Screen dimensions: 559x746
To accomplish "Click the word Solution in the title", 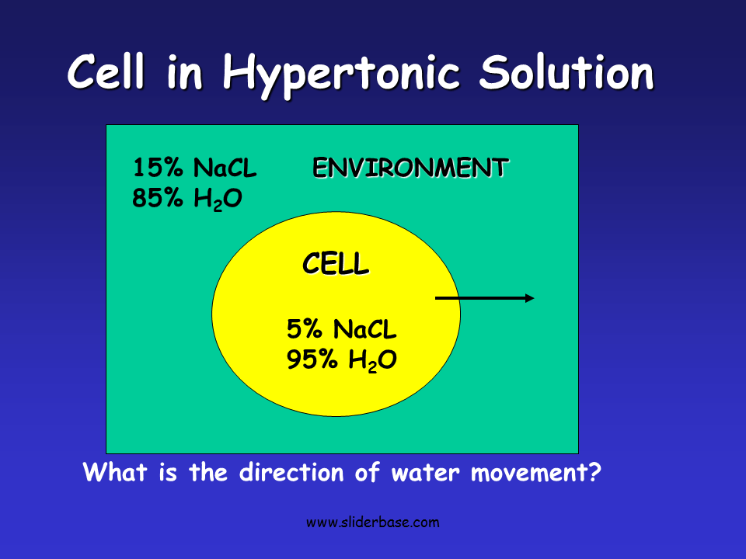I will coord(566,73).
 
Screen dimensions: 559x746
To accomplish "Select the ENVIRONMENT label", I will coord(410,168).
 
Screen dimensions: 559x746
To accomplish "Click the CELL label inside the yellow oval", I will coord(336,265).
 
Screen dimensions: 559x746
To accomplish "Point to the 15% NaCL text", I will coord(194,168).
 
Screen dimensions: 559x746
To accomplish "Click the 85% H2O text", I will coord(187,200).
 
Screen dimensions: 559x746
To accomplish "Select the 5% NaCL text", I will coord(342,330).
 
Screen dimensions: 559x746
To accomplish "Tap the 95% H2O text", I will coord(342,361).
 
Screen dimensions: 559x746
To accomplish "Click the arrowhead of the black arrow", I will coord(530,298).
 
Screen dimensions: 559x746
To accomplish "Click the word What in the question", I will coord(109,472).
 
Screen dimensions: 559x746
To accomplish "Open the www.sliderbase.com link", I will coord(372,523).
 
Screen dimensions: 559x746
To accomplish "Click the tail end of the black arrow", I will coord(437,298).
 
